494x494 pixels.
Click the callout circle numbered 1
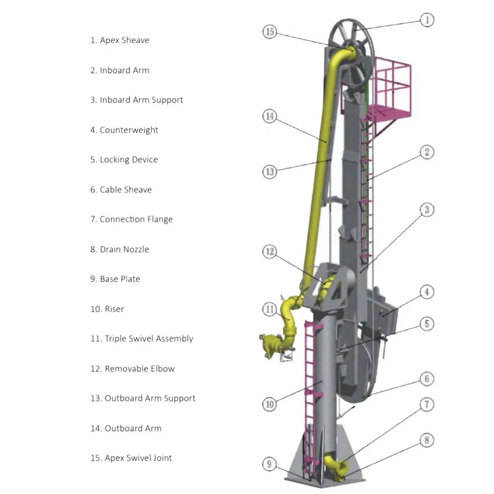point(427,20)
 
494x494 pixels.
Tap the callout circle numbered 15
point(269,32)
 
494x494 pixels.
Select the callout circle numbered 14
point(269,116)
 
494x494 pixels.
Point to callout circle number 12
point(269,251)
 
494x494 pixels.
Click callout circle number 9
point(269,464)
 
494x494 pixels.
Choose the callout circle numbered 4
point(427,292)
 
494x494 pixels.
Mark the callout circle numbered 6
point(427,379)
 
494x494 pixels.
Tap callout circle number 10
point(269,404)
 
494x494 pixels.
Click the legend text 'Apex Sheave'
point(119,40)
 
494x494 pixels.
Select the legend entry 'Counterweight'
point(124,130)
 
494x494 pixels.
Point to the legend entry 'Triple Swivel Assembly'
point(142,339)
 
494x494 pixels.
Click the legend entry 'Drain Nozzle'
point(119,250)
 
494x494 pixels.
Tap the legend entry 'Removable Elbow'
point(132,369)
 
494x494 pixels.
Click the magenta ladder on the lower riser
point(310,386)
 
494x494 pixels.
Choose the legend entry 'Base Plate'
point(115,279)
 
